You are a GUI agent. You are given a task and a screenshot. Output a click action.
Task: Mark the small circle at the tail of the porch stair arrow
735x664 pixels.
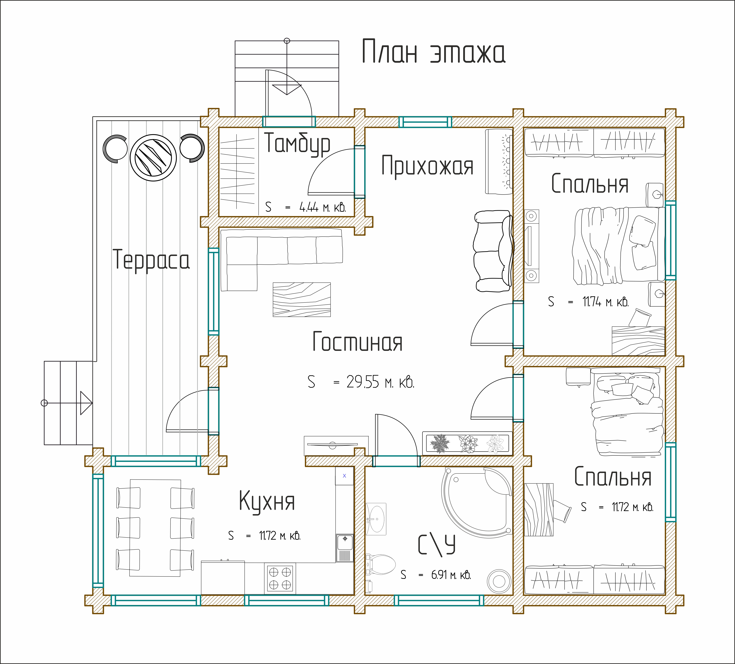(x=287, y=41)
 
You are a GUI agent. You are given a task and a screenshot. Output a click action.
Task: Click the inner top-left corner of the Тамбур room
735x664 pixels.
(x=219, y=127)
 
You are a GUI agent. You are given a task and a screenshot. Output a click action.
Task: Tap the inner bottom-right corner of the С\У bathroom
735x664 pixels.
(x=513, y=595)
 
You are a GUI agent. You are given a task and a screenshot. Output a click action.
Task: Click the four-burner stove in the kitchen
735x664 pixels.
(x=280, y=578)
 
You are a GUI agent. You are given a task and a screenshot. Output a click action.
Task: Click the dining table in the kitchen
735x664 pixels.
(x=155, y=528)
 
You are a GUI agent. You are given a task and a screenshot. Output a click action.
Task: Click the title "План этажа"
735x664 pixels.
(x=433, y=52)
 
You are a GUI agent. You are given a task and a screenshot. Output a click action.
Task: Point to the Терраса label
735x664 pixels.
(x=151, y=260)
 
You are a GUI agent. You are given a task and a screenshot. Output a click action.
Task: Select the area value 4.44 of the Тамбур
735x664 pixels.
(x=309, y=207)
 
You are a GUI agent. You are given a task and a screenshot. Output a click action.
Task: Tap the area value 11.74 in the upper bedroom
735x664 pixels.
(x=592, y=302)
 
